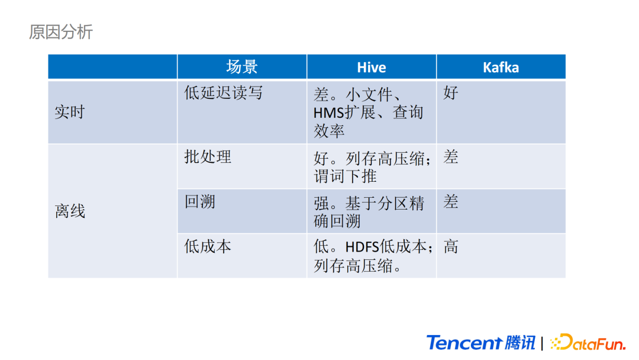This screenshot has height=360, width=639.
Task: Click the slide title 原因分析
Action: click(x=61, y=32)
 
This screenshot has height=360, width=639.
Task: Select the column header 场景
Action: click(x=241, y=67)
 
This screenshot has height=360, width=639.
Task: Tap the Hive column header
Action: click(x=371, y=67)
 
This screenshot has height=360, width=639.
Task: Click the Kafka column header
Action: click(x=501, y=67)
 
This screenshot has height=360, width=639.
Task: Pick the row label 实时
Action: click(x=70, y=112)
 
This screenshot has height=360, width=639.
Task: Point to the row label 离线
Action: click(x=70, y=211)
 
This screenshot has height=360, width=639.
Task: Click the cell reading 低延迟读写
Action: click(x=223, y=93)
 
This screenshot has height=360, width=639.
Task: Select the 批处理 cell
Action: click(x=208, y=157)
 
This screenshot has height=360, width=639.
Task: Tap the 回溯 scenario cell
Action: click(x=199, y=202)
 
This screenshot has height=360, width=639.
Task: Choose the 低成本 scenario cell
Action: click(x=208, y=246)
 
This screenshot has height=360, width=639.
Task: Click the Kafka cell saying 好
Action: click(x=451, y=93)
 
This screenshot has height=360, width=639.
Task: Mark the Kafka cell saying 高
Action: click(x=451, y=246)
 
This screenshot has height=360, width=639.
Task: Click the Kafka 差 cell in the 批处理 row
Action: click(x=451, y=157)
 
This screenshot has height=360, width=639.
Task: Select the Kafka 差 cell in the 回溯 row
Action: click(x=451, y=202)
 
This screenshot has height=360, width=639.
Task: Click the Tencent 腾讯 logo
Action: click(x=480, y=343)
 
